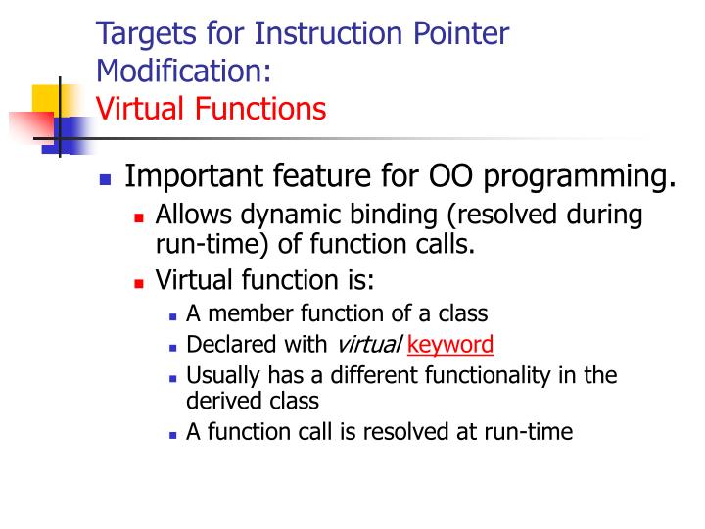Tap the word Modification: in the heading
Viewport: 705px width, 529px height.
pos(183,70)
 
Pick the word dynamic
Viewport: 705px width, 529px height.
pos(284,216)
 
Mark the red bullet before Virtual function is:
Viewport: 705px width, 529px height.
pos(139,283)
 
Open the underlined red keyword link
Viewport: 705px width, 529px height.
pos(450,345)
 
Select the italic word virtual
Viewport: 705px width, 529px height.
pos(367,344)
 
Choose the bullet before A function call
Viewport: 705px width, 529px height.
pos(172,433)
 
